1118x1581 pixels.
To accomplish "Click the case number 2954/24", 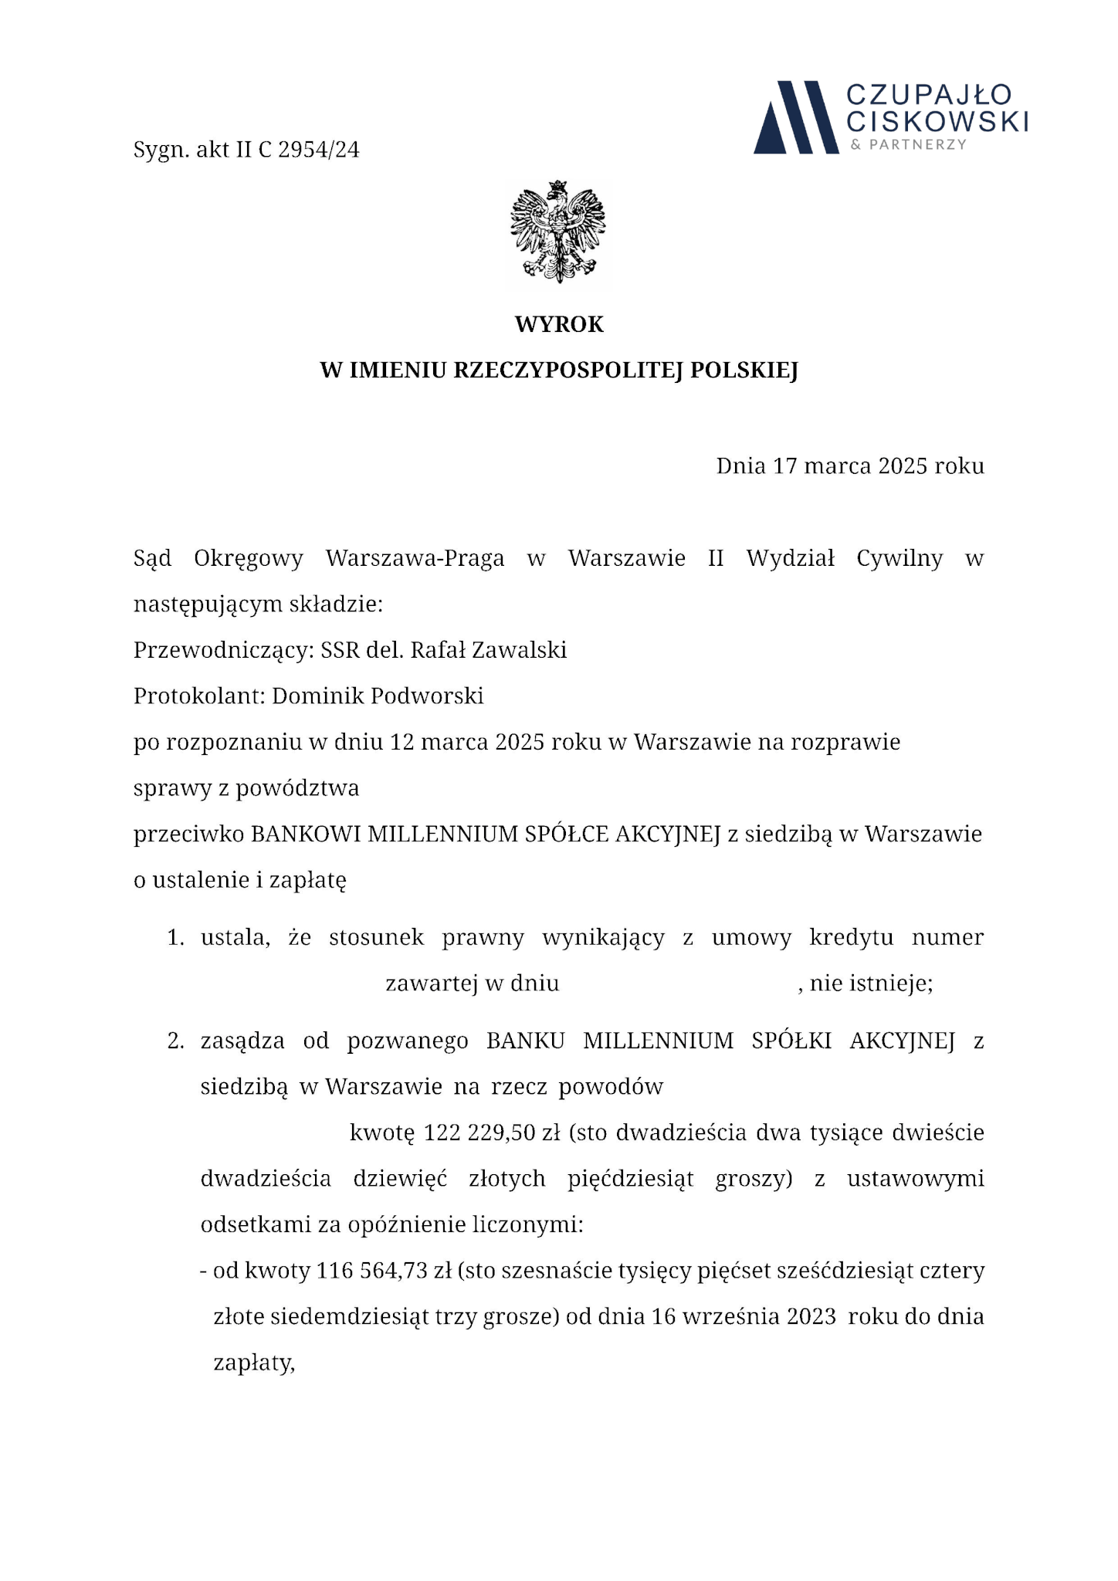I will pos(318,150).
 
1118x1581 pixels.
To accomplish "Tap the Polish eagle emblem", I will pos(558,232).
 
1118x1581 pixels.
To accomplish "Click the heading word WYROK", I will pos(559,325).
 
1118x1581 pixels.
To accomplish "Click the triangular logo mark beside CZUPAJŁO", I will pos(795,117).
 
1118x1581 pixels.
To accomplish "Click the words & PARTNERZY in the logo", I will pos(908,145).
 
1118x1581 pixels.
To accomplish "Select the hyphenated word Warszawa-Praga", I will pos(415,559).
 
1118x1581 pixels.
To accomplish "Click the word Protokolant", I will pos(199,697).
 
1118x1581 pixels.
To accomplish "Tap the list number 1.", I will pos(175,939).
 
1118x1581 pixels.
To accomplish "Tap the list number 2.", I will pos(175,1042).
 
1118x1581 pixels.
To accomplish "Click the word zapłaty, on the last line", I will pos(254,1364).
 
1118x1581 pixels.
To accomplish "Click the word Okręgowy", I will pos(249,559).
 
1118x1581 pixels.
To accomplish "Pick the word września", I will pos(736,1317).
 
